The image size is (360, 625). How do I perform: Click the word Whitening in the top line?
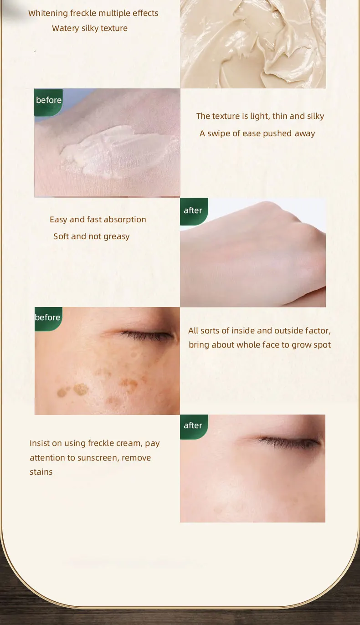point(48,13)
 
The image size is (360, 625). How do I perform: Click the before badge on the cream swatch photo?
point(48,100)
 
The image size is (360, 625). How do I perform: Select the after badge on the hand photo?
point(193,210)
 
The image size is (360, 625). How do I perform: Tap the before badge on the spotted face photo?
point(48,318)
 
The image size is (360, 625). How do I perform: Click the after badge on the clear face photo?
point(193,425)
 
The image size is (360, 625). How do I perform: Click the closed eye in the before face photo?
point(146,336)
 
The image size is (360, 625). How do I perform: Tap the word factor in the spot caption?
point(319,331)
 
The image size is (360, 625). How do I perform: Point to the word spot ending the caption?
point(322,345)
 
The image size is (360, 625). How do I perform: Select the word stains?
point(41,472)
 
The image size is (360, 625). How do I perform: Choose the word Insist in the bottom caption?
point(40,443)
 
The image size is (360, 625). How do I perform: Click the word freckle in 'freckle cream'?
point(103,443)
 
